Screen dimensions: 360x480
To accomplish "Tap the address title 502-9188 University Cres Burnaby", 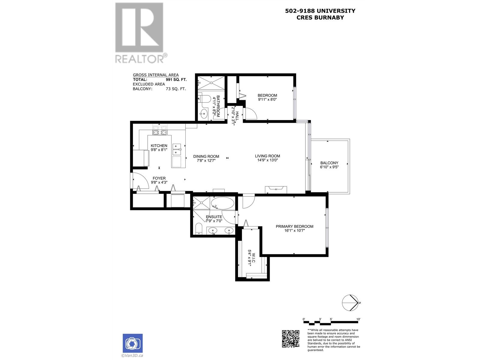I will tap(320, 14).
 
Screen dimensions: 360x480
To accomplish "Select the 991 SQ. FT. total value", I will tap(176, 80).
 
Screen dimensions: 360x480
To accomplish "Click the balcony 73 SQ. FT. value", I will tap(176, 89).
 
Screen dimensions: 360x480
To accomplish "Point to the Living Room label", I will tap(267, 156).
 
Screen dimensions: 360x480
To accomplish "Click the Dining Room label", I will tap(206, 156).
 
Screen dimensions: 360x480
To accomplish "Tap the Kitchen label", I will tap(159, 146).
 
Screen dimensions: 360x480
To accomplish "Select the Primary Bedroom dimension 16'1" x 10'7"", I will tap(294, 231).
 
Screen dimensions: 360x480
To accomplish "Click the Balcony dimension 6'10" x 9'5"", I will tap(329, 167).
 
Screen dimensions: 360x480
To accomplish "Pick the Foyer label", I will tap(159, 178).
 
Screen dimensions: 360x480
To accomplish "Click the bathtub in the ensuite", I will tap(223, 203).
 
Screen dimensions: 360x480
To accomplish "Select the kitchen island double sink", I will tap(177, 150).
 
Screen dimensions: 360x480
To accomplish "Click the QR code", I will tap(290, 339).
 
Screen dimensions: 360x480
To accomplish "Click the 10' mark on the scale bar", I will tap(358, 319).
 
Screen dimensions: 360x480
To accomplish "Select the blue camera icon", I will tap(133, 343).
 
